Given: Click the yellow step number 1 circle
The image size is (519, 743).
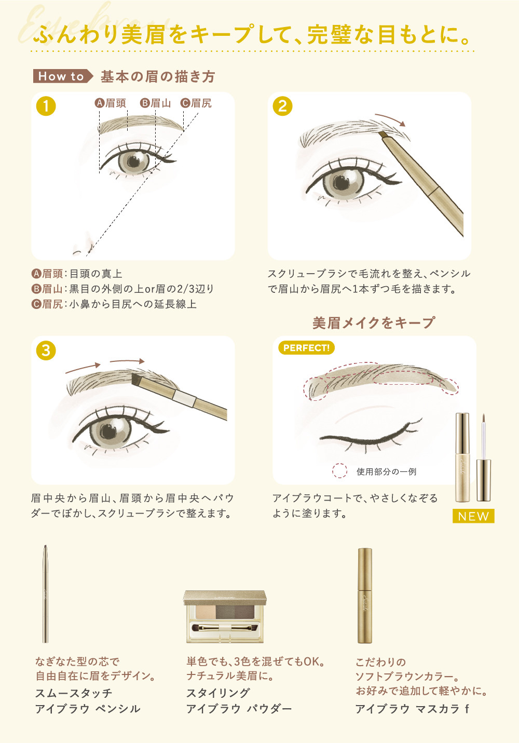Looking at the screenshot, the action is [46, 106].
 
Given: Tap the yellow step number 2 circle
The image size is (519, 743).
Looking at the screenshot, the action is [282, 106].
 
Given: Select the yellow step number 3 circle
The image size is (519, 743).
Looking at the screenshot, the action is [46, 350].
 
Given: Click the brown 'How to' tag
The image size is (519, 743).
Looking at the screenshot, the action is [63, 76].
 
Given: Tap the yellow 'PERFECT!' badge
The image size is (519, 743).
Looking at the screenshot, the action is [306, 348].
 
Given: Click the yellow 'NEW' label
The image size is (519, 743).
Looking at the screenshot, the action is [473, 516].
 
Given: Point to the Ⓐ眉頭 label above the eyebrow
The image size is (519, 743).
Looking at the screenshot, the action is [111, 103].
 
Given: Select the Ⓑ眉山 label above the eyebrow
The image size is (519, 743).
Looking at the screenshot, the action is [155, 103].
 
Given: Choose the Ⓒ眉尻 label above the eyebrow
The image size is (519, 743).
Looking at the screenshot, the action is [196, 103].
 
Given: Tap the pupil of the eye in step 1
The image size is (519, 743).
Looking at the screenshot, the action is [134, 161].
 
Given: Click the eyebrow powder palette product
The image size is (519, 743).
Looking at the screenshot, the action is [225, 616].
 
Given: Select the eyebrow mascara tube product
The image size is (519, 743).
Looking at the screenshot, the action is [365, 596].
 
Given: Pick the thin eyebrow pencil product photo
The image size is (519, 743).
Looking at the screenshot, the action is [46, 594].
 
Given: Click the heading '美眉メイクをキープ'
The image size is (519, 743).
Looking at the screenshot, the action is [373, 323].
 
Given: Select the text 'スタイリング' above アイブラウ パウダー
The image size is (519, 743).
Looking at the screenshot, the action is [218, 693].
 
